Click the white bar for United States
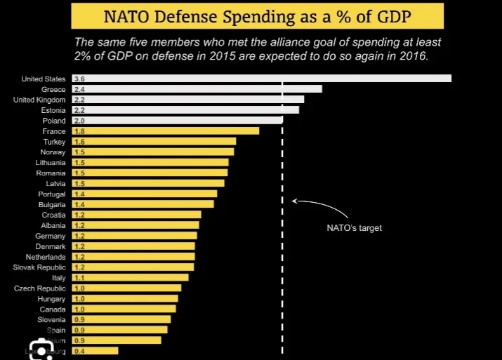[261, 79]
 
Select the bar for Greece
[197, 89]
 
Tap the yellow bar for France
[166, 131]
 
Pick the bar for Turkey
[154, 142]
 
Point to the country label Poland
[54, 121]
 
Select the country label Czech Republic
[40, 288]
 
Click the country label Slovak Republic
[39, 267]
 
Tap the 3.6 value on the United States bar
[79, 79]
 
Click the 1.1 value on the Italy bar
[79, 278]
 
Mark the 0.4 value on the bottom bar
[79, 351]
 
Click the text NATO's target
[354, 228]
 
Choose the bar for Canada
[124, 309]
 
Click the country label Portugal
[52, 194]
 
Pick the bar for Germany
[134, 236]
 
